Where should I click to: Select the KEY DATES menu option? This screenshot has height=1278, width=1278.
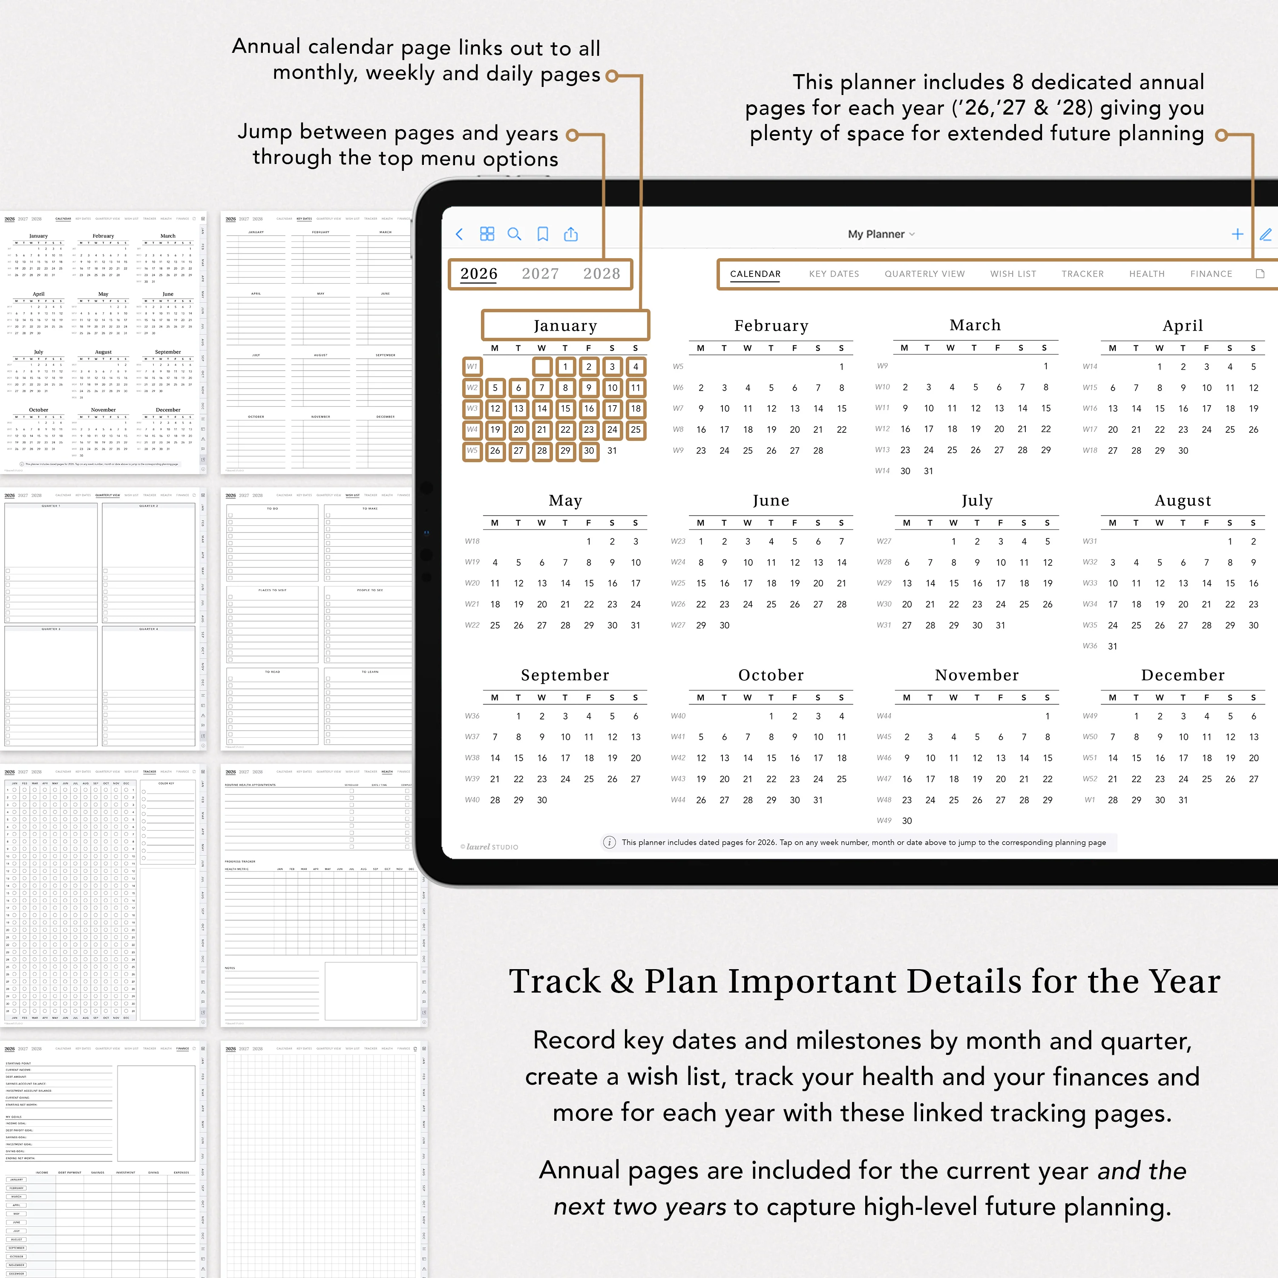tap(834, 274)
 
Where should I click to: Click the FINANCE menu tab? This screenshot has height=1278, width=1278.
tap(1211, 274)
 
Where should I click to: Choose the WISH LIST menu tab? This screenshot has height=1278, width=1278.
tap(1013, 274)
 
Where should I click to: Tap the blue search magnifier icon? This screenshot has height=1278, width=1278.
tap(514, 234)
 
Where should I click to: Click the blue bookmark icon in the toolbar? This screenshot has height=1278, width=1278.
tap(542, 234)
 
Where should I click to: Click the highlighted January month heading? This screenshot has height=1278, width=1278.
tap(565, 325)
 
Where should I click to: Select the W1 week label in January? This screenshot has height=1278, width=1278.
tap(472, 366)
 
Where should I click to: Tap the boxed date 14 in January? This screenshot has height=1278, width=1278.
tap(542, 409)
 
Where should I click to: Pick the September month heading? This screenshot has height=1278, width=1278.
tap(564, 675)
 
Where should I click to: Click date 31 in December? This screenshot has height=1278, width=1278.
tap(1183, 800)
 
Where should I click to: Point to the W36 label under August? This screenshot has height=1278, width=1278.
tap(1089, 646)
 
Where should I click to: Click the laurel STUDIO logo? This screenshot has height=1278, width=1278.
tap(489, 847)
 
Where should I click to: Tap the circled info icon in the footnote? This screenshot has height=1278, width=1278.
tap(609, 842)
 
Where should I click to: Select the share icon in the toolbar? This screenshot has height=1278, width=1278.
tap(571, 234)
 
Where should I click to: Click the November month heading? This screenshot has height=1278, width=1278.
tap(976, 675)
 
